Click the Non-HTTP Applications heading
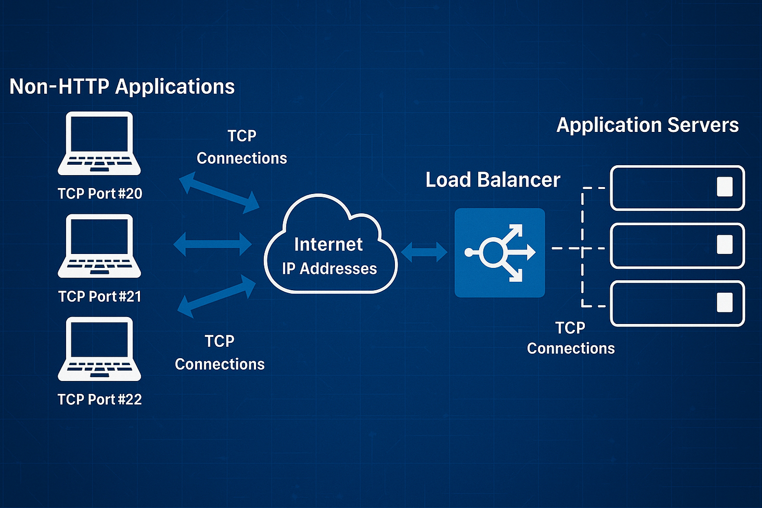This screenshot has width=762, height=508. [x=122, y=87]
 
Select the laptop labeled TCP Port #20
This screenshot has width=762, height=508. [x=99, y=143]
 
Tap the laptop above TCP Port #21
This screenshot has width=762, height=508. [x=99, y=246]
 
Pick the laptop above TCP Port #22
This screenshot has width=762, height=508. [x=99, y=349]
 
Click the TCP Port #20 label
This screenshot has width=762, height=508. [x=100, y=193]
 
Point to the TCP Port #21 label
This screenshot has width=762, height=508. [x=100, y=297]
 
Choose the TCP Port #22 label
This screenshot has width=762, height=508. [x=100, y=399]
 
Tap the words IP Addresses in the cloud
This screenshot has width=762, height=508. [x=329, y=269]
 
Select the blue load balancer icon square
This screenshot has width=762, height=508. [x=500, y=253]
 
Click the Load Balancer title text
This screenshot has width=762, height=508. [x=493, y=180]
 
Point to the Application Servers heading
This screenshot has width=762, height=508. [x=647, y=125]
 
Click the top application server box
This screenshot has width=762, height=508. [x=677, y=188]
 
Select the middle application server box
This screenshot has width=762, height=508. [x=677, y=246]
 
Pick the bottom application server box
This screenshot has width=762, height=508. [x=677, y=304]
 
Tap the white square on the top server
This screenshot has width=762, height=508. [x=724, y=187]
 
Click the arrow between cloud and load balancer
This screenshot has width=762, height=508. [x=424, y=252]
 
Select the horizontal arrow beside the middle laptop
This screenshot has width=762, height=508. [x=213, y=244]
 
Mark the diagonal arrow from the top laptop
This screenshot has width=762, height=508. [x=219, y=193]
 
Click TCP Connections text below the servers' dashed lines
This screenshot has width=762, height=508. [x=571, y=338]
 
